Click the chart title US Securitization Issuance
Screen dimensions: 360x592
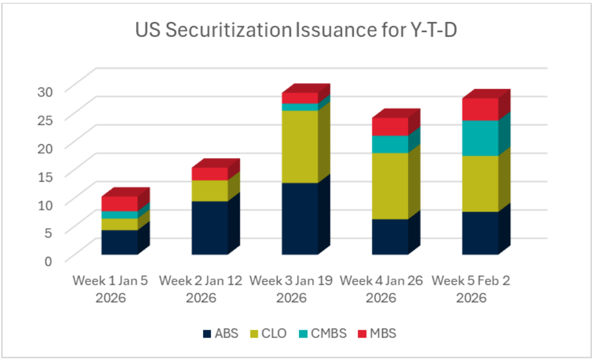coord(295,31)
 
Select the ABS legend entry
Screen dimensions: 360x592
coord(221,334)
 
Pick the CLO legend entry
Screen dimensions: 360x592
coord(269,334)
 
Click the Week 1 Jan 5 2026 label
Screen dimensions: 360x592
coord(110,288)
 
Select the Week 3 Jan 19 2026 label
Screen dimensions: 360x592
coord(291,288)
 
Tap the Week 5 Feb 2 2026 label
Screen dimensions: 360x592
coord(471,288)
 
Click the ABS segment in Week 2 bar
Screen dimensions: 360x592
coord(210,227)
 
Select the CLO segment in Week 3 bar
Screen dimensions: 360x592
coord(300,146)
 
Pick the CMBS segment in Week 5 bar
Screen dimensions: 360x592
coord(480,138)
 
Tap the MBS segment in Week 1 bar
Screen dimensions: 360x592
coord(119,203)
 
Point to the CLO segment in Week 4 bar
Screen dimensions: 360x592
coord(390,186)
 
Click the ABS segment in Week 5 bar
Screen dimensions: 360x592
coord(480,233)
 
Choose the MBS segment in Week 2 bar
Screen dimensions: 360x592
coord(210,174)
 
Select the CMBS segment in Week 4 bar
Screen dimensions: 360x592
coord(390,144)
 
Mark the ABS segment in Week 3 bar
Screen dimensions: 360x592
coord(300,218)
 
